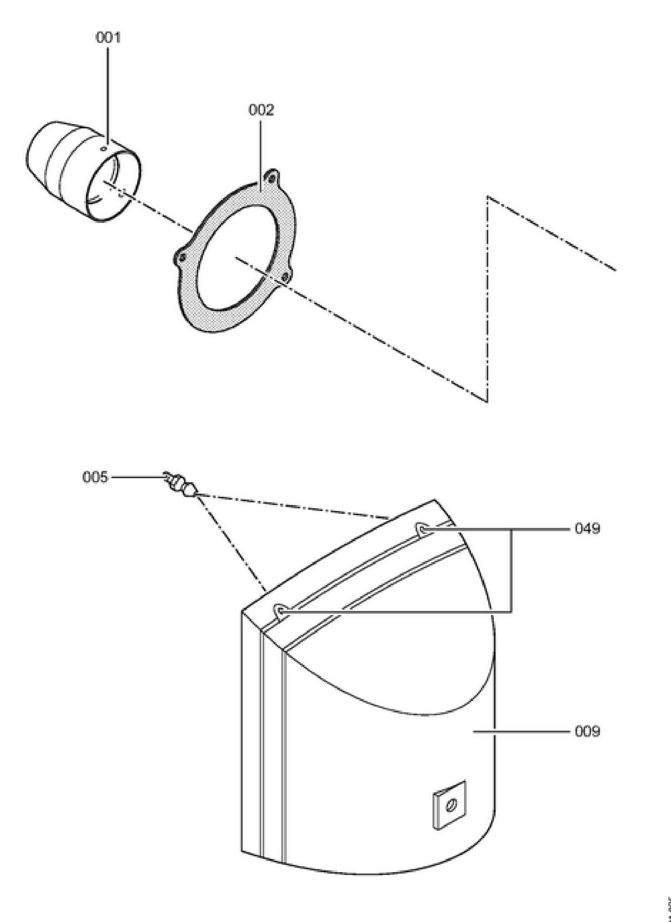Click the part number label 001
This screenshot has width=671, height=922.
[x=108, y=38]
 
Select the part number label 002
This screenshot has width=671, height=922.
[x=261, y=110]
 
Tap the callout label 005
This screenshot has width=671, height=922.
[x=95, y=477]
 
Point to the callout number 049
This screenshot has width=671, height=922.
[x=587, y=529]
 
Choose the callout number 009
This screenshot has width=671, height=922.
[x=587, y=731]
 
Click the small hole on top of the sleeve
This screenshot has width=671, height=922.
[x=104, y=148]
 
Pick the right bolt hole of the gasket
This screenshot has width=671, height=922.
[x=286, y=276]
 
